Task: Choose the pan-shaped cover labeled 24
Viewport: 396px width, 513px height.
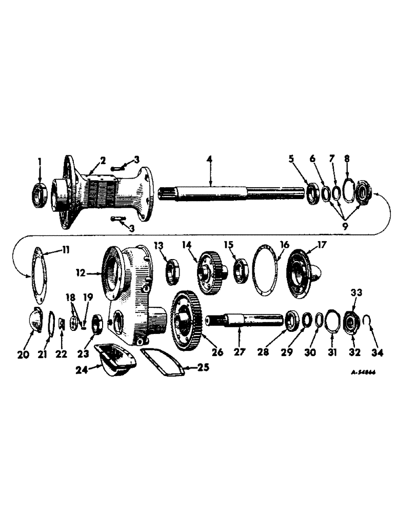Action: coord(117,359)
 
